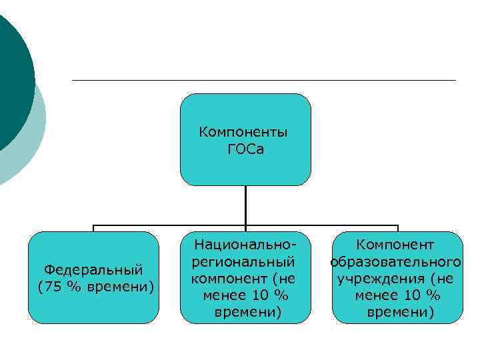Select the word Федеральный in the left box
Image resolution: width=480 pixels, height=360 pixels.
pos(93,270)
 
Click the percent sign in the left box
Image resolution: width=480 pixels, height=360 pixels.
pos(75,287)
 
